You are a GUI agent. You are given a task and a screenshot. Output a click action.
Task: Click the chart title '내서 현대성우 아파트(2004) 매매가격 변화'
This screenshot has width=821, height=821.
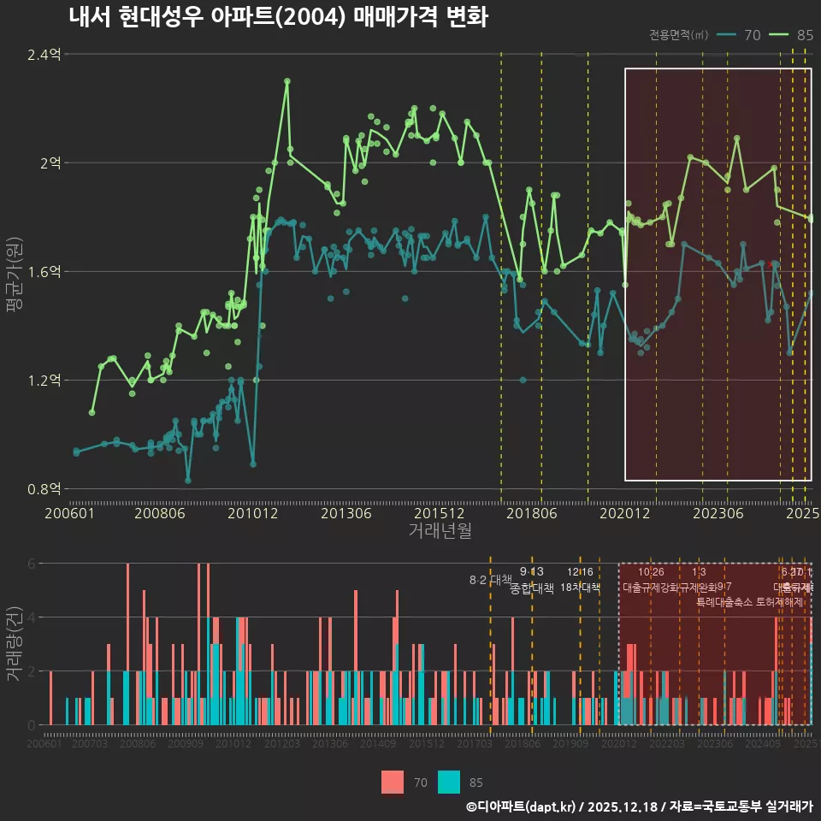tap(278, 17)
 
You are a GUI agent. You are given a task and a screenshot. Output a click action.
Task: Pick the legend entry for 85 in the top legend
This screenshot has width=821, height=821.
tap(791, 35)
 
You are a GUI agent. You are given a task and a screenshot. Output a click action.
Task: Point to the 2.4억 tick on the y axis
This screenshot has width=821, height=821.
tap(44, 55)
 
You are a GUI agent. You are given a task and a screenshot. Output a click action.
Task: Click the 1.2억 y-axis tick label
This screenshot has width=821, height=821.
tap(44, 380)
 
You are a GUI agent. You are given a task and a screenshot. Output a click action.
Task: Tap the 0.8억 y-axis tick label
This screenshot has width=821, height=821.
tap(44, 489)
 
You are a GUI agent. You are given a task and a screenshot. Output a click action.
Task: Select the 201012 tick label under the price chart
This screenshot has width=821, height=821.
tap(251, 514)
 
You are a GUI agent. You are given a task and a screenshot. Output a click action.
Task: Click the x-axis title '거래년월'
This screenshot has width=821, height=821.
tap(440, 531)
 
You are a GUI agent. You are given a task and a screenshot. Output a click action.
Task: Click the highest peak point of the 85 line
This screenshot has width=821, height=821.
tap(287, 81)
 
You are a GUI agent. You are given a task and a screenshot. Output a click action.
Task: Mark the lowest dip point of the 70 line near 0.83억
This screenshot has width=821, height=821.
tap(188, 480)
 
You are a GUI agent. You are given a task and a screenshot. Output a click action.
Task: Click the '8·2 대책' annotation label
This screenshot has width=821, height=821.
tap(490, 580)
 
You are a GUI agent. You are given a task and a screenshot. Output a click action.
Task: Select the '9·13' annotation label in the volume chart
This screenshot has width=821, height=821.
tap(531, 572)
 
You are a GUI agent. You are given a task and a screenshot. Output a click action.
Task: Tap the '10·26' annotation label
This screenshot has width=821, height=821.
tap(651, 572)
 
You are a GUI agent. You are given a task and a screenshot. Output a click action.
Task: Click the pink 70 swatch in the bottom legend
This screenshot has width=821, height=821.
tap(393, 782)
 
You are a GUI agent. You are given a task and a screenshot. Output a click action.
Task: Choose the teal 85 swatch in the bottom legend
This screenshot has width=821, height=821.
tap(449, 782)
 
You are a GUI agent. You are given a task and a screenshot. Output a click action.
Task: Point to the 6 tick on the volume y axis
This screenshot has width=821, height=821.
tap(32, 564)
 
